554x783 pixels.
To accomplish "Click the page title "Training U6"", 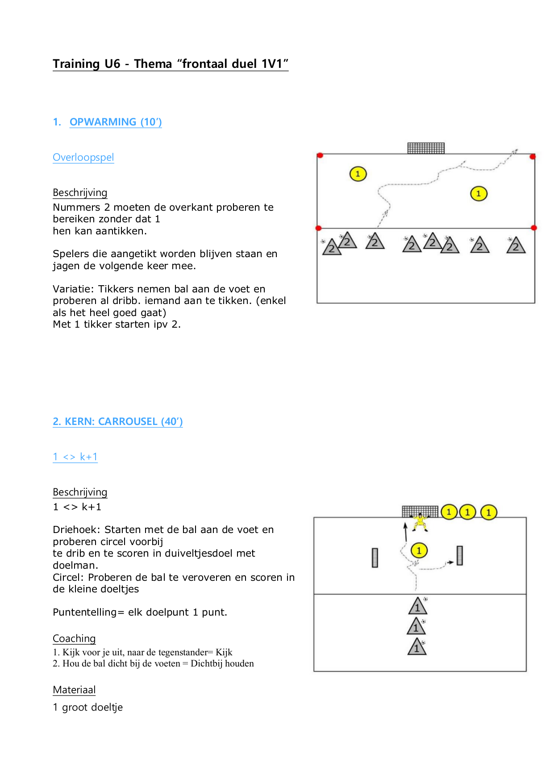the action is pyautogui.click(x=87, y=64).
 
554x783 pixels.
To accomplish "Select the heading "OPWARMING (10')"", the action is pyautogui.click(x=116, y=122).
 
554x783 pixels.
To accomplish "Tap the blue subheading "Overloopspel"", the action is pyautogui.click(x=83, y=158).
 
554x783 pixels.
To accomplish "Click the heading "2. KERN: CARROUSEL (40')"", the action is pyautogui.click(x=118, y=421).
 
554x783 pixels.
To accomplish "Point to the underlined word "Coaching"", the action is pyautogui.click(x=74, y=638).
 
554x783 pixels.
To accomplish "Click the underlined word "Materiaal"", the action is pyautogui.click(x=74, y=690).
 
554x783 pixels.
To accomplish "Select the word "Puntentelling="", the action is pyautogui.click(x=88, y=612).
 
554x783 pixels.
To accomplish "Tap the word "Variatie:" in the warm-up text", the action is pyautogui.click(x=74, y=289).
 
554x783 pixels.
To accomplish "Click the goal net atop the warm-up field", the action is pyautogui.click(x=426, y=148).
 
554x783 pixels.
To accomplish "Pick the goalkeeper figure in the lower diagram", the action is pyautogui.click(x=420, y=522).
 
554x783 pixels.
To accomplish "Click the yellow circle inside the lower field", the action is pyautogui.click(x=419, y=551).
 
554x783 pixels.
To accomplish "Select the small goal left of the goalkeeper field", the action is pyautogui.click(x=375, y=558).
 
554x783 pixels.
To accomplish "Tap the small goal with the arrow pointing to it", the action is pyautogui.click(x=460, y=555).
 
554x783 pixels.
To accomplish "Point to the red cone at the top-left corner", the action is pyautogui.click(x=320, y=155).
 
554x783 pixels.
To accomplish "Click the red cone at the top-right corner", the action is pyautogui.click(x=533, y=157).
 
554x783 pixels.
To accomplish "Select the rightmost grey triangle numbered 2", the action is pyautogui.click(x=516, y=245).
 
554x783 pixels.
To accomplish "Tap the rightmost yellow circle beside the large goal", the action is pyautogui.click(x=489, y=512).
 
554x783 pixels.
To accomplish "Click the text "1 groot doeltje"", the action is pyautogui.click(x=88, y=708).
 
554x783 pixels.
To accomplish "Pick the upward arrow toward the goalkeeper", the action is pyautogui.click(x=406, y=532).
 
